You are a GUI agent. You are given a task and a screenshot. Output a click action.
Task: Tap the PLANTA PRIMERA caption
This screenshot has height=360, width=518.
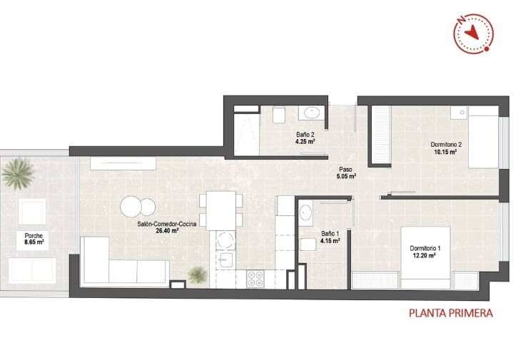point(450,312)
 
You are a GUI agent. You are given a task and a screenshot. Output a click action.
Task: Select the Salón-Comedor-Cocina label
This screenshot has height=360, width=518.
point(167,223)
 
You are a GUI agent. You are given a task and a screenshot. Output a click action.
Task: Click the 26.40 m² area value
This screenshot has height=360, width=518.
point(167,230)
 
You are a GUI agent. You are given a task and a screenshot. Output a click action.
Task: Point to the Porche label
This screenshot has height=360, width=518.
point(33,235)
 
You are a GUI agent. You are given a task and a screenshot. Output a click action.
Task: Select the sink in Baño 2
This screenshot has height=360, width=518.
point(311,113)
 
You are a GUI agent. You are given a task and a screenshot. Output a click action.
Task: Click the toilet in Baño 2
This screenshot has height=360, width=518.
point(278,115)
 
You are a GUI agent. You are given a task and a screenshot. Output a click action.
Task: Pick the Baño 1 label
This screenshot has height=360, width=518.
point(330,234)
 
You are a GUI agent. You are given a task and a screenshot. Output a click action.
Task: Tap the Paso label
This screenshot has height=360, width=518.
point(346,168)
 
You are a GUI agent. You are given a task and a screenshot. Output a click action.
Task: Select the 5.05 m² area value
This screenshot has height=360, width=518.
point(346,175)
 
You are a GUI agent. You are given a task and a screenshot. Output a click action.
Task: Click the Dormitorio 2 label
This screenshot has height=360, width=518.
point(446,145)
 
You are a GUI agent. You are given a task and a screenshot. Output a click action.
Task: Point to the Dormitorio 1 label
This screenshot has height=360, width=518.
point(425,248)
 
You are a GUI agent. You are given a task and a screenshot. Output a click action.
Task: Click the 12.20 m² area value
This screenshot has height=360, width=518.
point(425,255)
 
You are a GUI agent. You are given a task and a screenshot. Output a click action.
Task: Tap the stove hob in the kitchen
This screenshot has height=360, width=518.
point(255,279)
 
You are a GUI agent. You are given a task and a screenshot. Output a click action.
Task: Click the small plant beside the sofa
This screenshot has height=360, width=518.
point(196,274)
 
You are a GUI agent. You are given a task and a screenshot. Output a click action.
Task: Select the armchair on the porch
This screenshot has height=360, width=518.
point(31,211)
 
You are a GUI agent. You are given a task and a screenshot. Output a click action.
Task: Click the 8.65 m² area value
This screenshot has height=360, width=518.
point(33,242)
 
